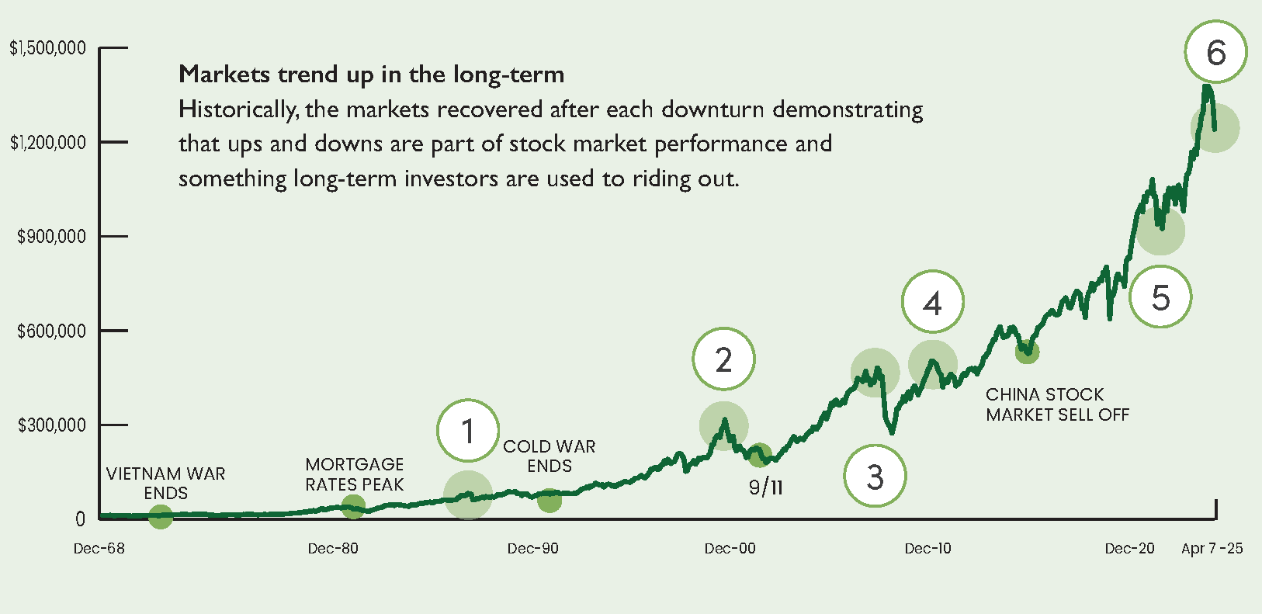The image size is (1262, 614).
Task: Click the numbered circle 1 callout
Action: click(x=467, y=431)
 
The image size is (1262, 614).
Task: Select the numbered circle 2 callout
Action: click(x=723, y=359)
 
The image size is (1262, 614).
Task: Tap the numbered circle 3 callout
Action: click(x=875, y=476)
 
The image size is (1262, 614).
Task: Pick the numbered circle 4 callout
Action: click(x=932, y=302)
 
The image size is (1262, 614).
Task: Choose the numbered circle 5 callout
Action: click(x=1160, y=297)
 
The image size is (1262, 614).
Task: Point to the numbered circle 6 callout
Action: click(x=1215, y=52)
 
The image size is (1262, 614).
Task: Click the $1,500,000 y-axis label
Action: click(x=47, y=48)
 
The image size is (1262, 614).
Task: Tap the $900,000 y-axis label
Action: click(x=51, y=237)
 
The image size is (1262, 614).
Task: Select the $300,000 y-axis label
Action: click(x=51, y=425)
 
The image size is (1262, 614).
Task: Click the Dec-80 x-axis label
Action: click(x=333, y=549)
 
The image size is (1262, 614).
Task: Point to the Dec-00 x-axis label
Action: click(x=730, y=549)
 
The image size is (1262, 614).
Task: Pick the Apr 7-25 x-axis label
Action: click(x=1212, y=549)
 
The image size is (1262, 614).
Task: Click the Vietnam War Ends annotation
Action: click(x=165, y=483)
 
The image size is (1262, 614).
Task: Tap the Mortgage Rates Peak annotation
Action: click(x=355, y=474)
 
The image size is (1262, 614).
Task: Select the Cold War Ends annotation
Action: click(x=549, y=456)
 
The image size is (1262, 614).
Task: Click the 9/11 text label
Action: click(x=765, y=487)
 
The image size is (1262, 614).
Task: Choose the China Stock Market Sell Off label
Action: click(x=1057, y=404)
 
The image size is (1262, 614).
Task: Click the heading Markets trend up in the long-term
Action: click(x=371, y=75)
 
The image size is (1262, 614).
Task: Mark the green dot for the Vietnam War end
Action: click(x=161, y=516)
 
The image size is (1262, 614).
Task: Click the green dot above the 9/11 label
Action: click(x=759, y=456)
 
